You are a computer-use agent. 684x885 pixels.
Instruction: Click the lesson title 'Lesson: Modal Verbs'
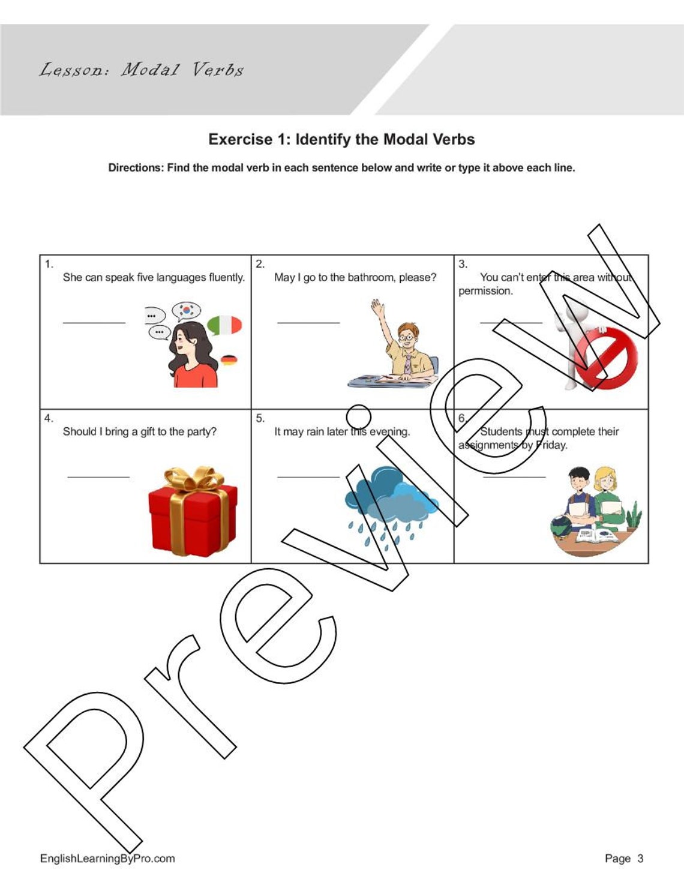click(142, 70)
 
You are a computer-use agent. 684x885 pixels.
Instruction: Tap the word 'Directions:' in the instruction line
click(136, 168)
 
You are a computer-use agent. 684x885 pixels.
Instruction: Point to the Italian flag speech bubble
click(224, 325)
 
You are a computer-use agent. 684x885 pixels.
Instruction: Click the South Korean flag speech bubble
click(186, 310)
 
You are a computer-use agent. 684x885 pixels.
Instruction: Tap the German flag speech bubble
click(229, 360)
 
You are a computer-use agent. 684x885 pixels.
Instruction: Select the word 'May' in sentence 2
click(284, 277)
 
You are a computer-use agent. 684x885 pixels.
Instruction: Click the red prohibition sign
click(605, 358)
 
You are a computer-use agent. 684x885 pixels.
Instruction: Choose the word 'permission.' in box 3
click(485, 291)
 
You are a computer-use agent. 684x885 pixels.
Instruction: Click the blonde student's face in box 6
click(605, 482)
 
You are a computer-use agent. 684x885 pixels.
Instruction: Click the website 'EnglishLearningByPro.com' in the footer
click(107, 858)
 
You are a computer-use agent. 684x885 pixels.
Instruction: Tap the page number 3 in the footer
click(640, 858)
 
